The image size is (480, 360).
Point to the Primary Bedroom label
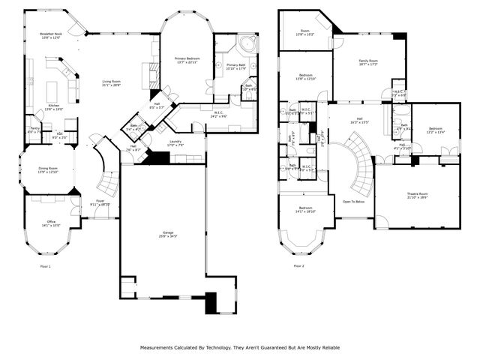[187, 58]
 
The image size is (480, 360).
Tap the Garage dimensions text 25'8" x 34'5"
[167, 237]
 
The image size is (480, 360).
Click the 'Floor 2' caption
[299, 265]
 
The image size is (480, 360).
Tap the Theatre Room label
[417, 193]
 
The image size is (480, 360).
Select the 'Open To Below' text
[353, 201]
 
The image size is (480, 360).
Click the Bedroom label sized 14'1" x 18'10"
[305, 208]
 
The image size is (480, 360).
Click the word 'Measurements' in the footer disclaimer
[158, 348]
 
